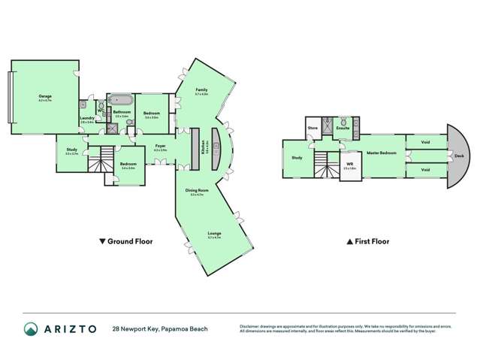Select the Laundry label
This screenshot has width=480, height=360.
(x=86, y=118)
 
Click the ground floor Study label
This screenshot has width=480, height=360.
(x=71, y=150)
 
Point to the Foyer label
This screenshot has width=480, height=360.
(x=160, y=146)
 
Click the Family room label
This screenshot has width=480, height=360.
(x=201, y=90)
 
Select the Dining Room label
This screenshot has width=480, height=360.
(x=197, y=190)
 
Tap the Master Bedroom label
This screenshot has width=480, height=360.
(x=382, y=153)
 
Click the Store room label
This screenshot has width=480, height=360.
(x=313, y=129)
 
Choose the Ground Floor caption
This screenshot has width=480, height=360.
(x=125, y=242)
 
